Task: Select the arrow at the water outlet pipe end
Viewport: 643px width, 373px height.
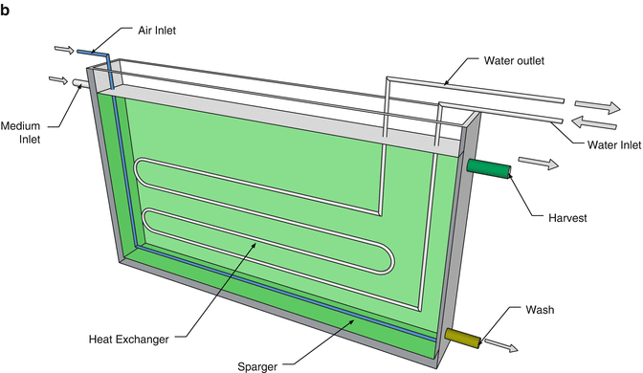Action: point(598,104)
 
